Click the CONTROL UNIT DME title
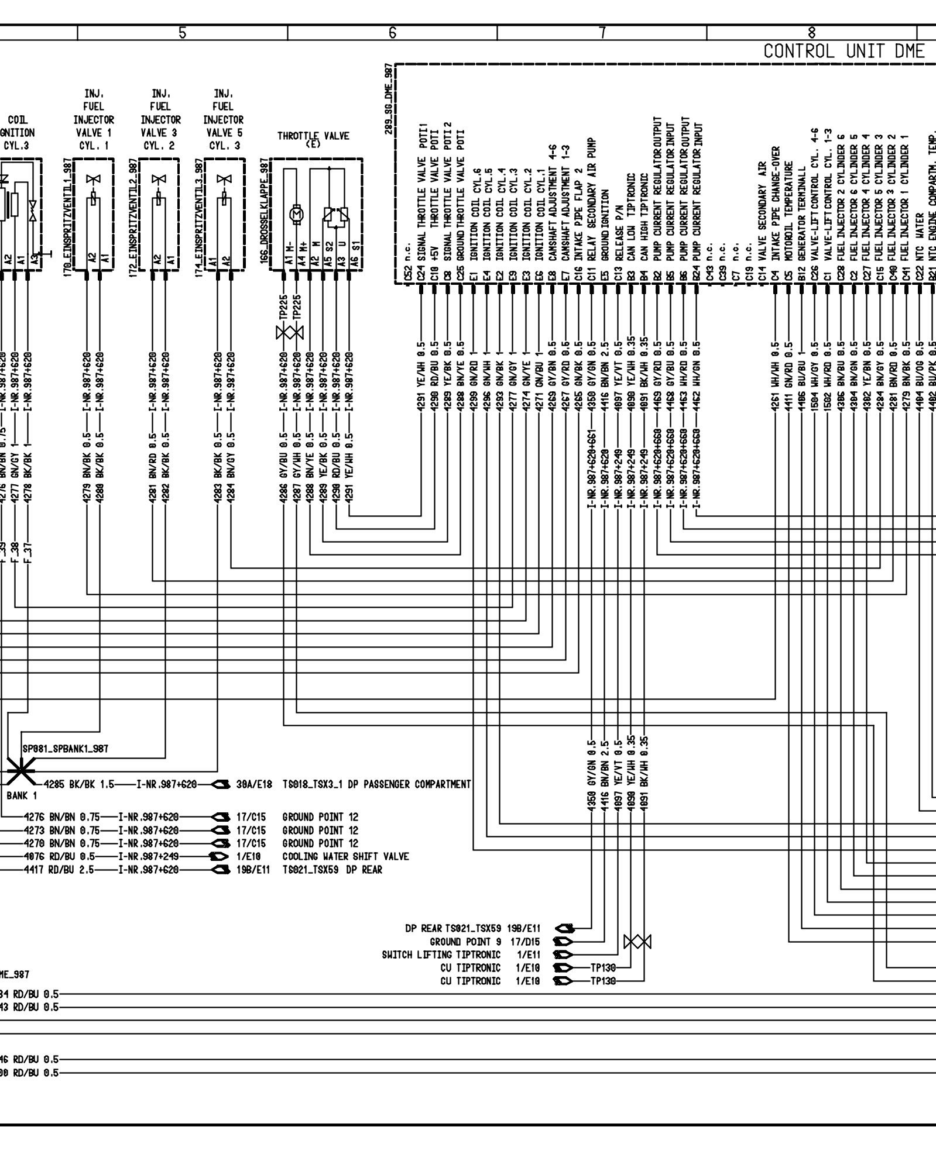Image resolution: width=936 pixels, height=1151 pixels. click(x=844, y=51)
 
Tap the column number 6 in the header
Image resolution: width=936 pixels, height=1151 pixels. click(x=392, y=33)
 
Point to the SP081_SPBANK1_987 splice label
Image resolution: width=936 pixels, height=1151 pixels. click(x=65, y=749)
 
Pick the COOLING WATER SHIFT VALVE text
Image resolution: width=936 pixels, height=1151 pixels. click(x=345, y=856)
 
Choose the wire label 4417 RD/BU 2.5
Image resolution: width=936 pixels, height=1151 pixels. click(x=59, y=870)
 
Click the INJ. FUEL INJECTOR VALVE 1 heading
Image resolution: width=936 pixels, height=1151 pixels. click(x=94, y=119)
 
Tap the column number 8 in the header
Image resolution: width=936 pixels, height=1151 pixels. click(x=811, y=33)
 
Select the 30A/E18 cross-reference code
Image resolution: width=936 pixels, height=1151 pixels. click(x=254, y=784)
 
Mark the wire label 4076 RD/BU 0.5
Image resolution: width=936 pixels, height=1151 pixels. click(x=59, y=856)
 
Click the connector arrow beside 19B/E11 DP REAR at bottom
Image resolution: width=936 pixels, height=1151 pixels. click(x=564, y=928)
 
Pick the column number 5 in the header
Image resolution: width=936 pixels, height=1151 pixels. click(x=183, y=33)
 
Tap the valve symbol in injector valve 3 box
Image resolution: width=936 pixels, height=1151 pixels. click(x=159, y=180)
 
